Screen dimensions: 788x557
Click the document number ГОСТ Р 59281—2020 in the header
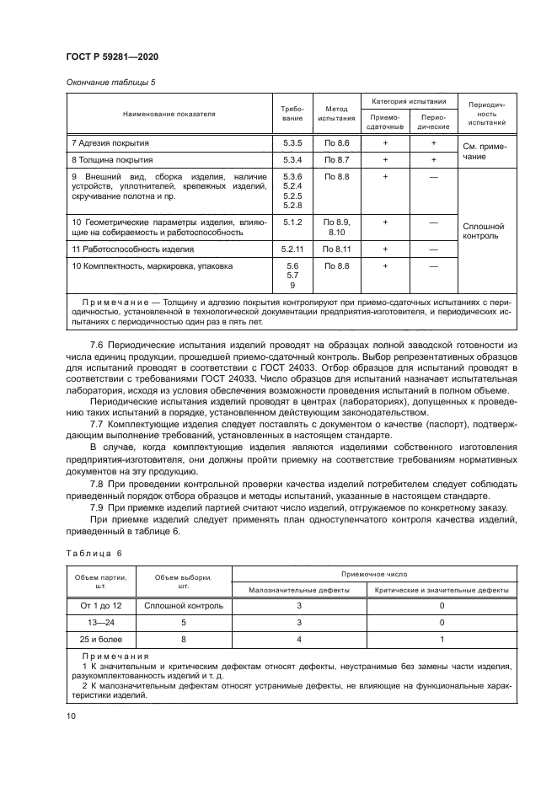point(112,56)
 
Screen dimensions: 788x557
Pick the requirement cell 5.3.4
point(292,159)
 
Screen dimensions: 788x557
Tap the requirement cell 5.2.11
point(292,249)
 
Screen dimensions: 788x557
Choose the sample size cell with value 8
point(183,640)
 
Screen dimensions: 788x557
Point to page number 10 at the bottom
point(71,716)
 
